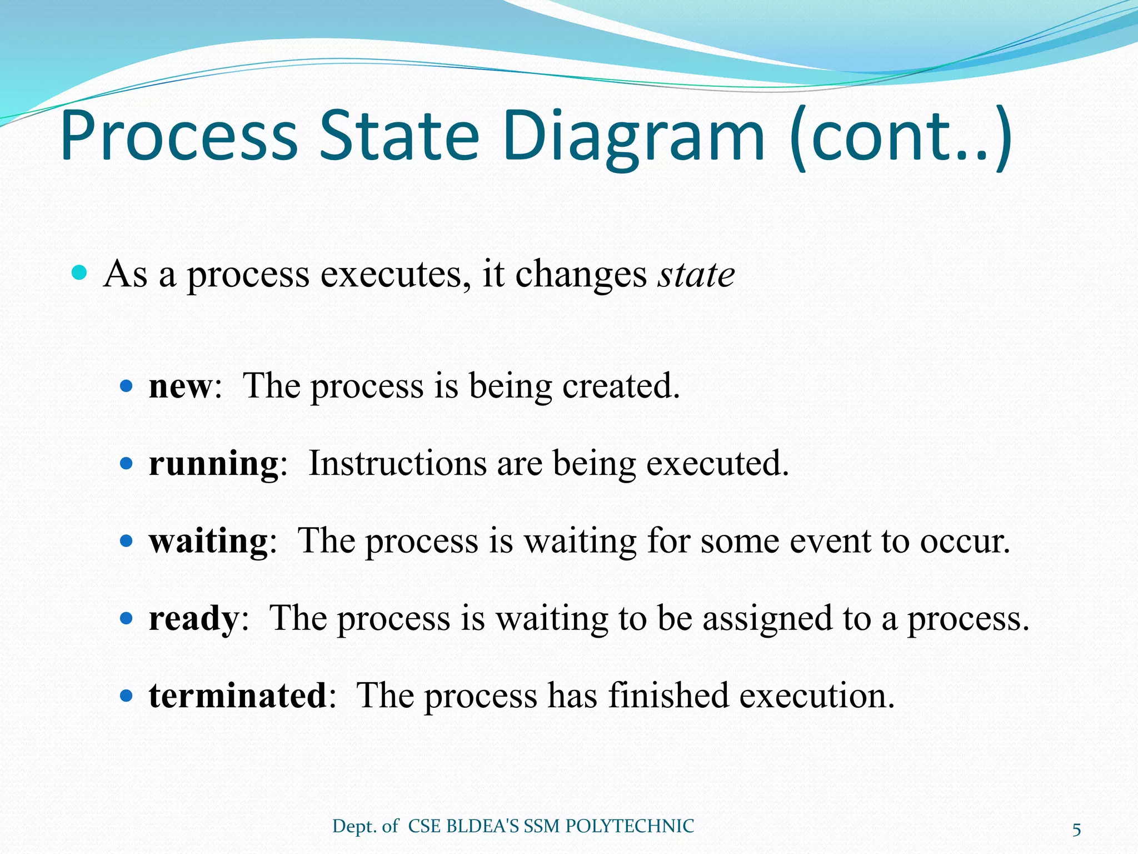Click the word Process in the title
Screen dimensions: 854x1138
[179, 136]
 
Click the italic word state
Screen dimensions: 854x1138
[696, 274]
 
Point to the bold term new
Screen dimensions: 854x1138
[180, 386]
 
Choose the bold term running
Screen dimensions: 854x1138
[213, 463]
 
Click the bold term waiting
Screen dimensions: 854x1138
[208, 540]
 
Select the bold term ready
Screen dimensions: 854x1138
[193, 618]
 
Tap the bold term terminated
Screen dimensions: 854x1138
[238, 695]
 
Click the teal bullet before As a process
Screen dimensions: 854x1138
[80, 273]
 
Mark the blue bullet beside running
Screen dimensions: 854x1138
[127, 463]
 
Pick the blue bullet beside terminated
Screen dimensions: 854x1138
[127, 695]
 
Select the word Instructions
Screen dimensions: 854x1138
[397, 463]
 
